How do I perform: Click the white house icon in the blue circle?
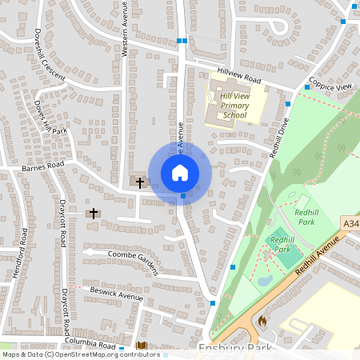tap(180, 172)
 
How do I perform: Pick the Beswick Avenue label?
tap(117, 295)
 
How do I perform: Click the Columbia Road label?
tap(93, 343)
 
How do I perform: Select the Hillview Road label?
tap(240, 77)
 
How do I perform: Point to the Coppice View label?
tap(333, 86)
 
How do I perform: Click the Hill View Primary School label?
tap(234, 106)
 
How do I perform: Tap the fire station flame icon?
tap(261, 320)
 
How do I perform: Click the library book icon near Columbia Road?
tap(142, 346)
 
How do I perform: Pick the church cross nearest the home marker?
tap(140, 182)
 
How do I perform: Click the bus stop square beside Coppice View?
tap(307, 86)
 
